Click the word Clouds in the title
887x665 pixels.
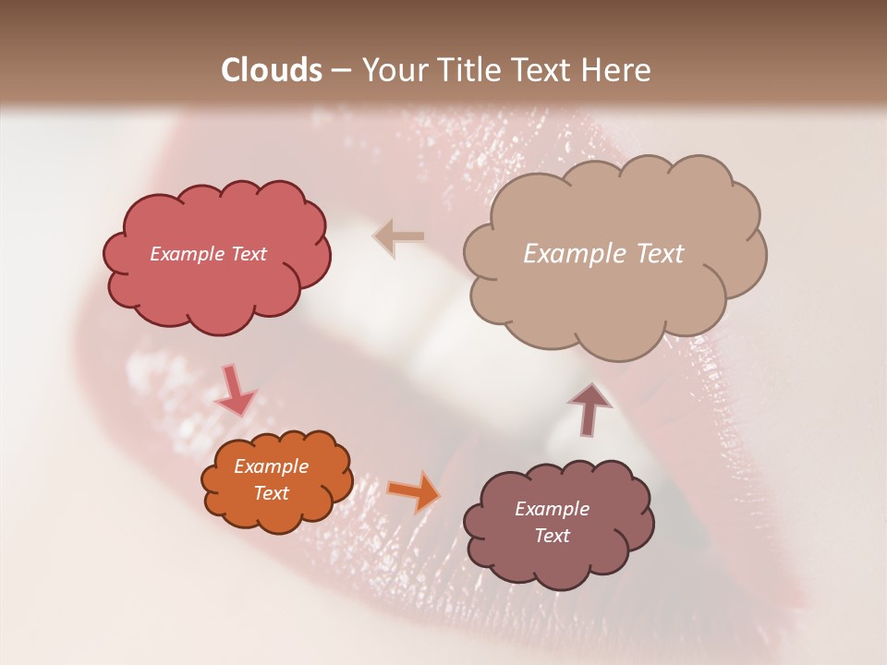coord(272,70)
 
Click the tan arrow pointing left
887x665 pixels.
coord(399,236)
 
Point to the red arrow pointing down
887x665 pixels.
coord(235,392)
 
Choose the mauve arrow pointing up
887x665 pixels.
coord(589,407)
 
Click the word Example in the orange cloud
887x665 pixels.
coord(271,466)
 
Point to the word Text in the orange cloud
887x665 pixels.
coord(272,493)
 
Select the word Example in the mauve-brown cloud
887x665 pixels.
coord(552,509)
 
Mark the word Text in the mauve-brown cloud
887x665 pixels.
coord(553,536)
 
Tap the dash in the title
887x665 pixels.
coord(341,70)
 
